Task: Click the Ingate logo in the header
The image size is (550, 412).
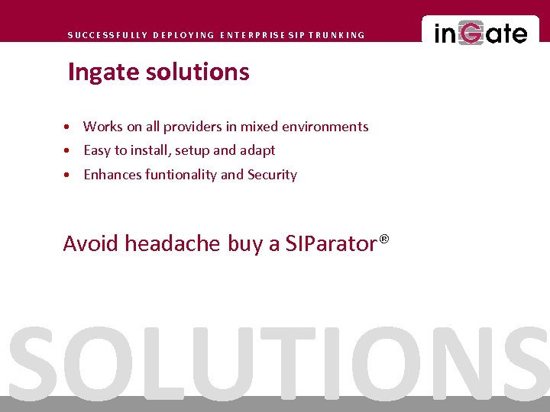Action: coord(480,34)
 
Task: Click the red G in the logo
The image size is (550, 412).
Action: coord(472,34)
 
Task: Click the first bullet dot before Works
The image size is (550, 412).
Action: coord(69,127)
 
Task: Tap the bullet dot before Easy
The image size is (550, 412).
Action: coord(69,151)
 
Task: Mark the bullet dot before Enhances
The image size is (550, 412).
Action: coord(69,175)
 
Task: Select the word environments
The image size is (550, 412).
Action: coord(325,127)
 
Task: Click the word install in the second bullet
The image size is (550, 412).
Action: coord(152,150)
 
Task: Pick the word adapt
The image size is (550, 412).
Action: coord(259,151)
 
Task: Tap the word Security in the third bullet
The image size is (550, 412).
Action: coord(272,175)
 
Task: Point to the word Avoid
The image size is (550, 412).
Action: coord(91,243)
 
